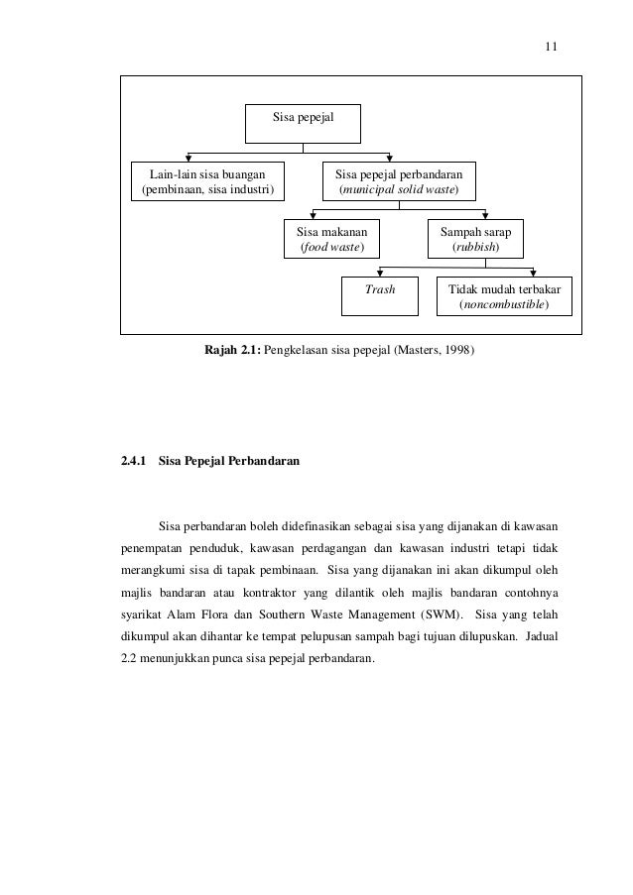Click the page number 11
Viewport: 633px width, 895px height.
point(553,46)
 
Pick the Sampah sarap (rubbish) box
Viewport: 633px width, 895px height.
point(476,237)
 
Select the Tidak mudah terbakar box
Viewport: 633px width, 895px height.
point(504,294)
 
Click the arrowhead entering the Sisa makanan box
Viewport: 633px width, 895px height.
point(315,216)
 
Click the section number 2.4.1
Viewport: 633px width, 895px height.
point(134,461)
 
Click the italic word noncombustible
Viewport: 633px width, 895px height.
point(503,303)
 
